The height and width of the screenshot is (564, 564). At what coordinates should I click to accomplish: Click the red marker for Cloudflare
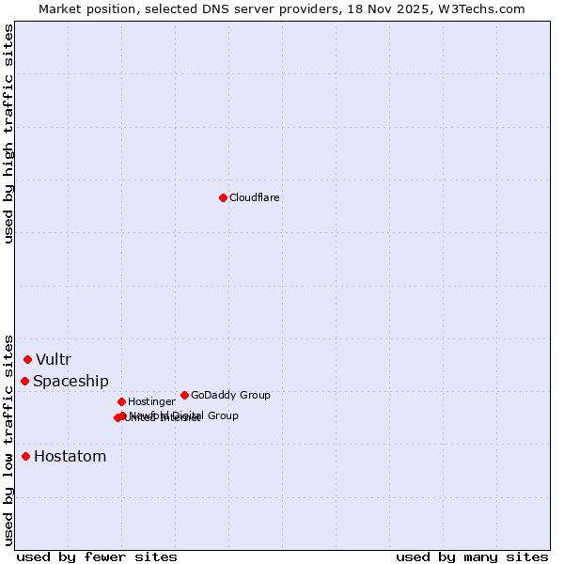223,197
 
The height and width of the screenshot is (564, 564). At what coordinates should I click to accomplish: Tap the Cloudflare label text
254,197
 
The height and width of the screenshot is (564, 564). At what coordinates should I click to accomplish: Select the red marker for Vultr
28,359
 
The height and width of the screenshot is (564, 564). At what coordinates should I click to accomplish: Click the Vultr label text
54,359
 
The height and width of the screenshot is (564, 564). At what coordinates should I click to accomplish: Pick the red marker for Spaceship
25,381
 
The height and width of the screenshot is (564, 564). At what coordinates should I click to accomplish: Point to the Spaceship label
70,381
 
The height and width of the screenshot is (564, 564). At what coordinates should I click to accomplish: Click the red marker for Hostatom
25,456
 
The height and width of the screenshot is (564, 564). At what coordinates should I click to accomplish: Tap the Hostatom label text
70,456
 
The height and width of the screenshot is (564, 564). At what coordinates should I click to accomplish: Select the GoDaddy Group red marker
184,395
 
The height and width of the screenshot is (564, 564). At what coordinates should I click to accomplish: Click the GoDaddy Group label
230,395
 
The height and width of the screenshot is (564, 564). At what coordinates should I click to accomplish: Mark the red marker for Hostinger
121,401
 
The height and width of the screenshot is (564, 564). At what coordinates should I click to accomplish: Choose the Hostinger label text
151,401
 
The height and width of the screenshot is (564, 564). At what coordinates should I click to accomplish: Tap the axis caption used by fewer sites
97,556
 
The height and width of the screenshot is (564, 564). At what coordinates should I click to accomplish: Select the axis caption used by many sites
472,556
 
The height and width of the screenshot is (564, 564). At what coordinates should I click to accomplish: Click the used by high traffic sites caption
8,133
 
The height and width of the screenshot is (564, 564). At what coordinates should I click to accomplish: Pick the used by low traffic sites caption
8,439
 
